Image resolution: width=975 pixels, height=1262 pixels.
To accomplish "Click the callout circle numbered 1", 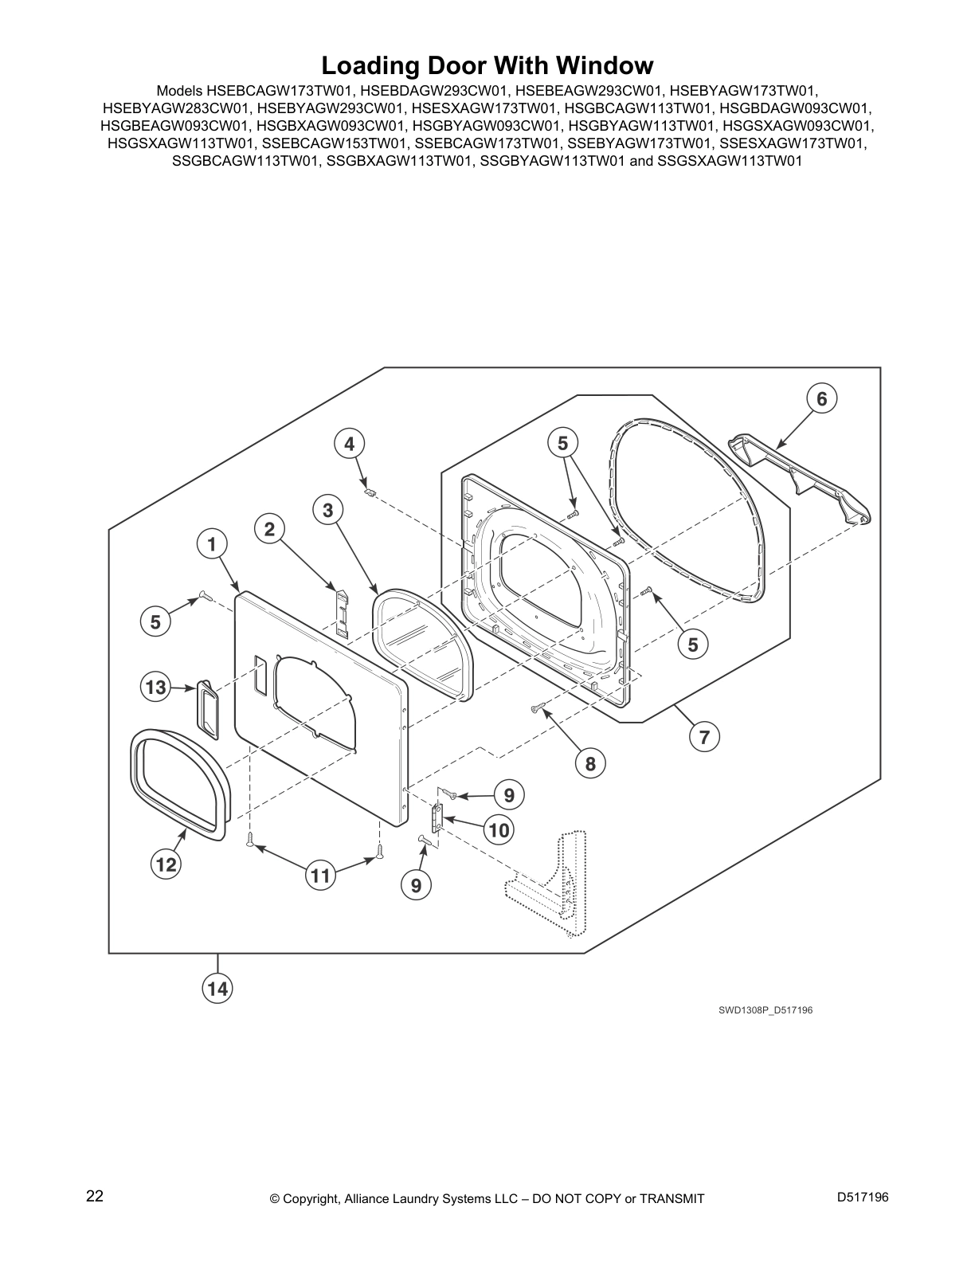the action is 211,545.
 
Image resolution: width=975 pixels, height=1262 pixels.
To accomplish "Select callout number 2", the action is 269,529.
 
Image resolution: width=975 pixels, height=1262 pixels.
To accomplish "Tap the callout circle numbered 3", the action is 328,511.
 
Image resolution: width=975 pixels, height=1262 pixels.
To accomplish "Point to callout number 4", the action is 349,445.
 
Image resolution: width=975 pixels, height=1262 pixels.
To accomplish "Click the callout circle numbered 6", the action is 822,399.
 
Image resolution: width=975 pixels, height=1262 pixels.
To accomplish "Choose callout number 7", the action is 704,737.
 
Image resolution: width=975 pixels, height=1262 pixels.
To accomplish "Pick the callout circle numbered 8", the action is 590,763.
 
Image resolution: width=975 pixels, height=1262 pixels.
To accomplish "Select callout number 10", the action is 499,830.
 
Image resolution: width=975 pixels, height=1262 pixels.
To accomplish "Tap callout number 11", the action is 320,876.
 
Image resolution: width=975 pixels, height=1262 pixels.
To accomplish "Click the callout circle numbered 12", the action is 166,864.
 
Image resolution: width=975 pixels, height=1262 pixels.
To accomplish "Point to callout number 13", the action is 155,687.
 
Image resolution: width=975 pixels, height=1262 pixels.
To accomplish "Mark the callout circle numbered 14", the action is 217,988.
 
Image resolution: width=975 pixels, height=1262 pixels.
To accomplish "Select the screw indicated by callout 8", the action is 537,707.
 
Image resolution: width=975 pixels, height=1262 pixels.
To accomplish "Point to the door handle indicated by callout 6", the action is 800,477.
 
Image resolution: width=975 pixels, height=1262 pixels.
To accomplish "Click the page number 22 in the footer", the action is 95,1196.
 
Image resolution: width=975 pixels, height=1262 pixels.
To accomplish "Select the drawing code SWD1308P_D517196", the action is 766,1026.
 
